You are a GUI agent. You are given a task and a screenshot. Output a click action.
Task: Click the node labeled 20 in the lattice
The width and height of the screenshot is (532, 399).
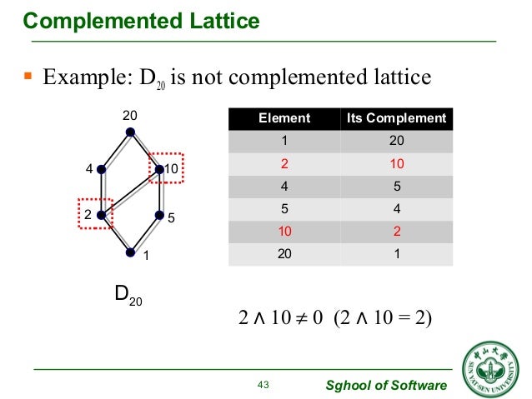129,131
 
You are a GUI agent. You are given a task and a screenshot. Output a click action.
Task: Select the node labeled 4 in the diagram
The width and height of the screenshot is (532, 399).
100,169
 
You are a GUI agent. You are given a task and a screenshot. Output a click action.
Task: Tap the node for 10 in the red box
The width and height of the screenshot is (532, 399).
158,169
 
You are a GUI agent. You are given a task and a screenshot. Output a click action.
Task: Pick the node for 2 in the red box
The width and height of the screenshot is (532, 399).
100,215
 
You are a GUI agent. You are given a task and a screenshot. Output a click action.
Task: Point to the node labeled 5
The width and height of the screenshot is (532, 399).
158,215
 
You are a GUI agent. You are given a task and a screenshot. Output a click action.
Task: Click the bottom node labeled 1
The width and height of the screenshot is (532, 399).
129,252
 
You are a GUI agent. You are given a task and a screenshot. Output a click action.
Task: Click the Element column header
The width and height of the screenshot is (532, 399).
284,119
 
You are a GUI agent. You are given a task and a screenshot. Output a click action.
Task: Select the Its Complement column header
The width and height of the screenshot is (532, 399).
396,119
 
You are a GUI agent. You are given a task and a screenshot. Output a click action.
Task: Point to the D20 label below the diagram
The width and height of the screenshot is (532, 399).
128,295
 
